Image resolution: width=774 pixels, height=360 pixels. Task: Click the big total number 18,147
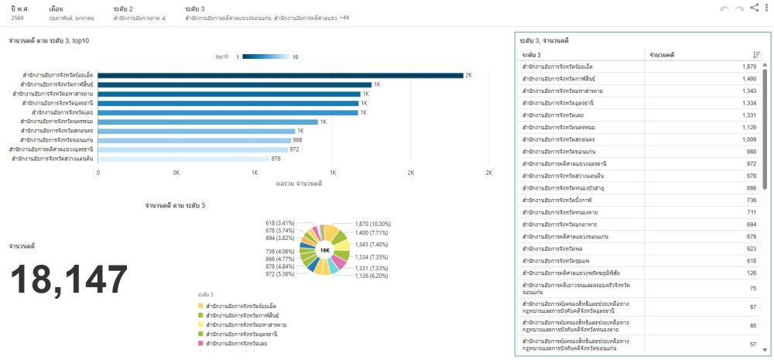[68, 280]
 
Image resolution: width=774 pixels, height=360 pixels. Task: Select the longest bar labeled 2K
[280, 75]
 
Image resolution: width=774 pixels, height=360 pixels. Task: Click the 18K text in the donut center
[325, 250]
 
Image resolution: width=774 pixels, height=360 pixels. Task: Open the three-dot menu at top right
[766, 9]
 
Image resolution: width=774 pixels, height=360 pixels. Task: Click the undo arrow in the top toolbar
[724, 9]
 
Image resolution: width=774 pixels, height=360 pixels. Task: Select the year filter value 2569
[17, 16]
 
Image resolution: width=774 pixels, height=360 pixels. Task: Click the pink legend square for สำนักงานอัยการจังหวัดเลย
[200, 342]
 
